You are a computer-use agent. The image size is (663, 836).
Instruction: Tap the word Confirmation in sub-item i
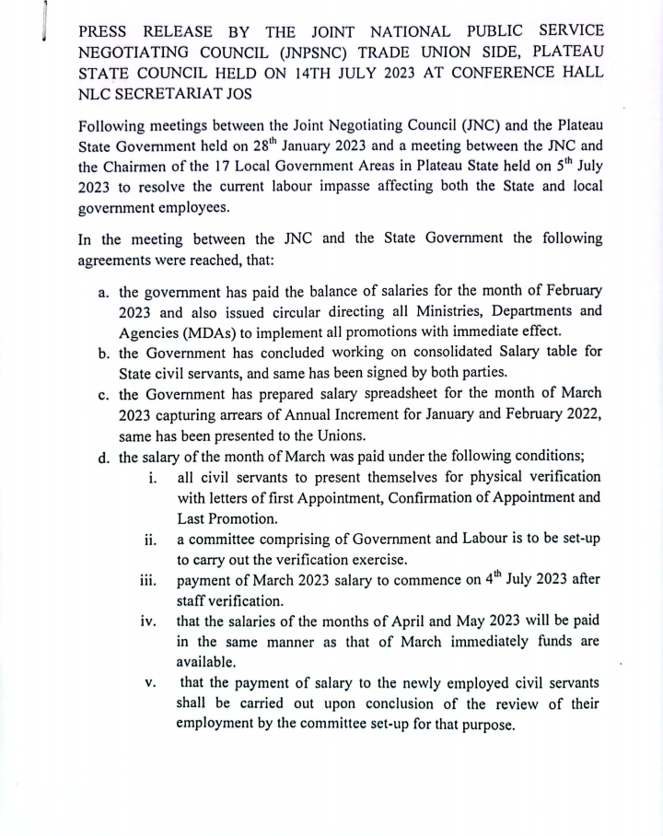411,498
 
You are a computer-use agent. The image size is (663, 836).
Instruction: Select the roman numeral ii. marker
151,540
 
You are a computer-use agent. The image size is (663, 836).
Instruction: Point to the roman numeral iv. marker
149,621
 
